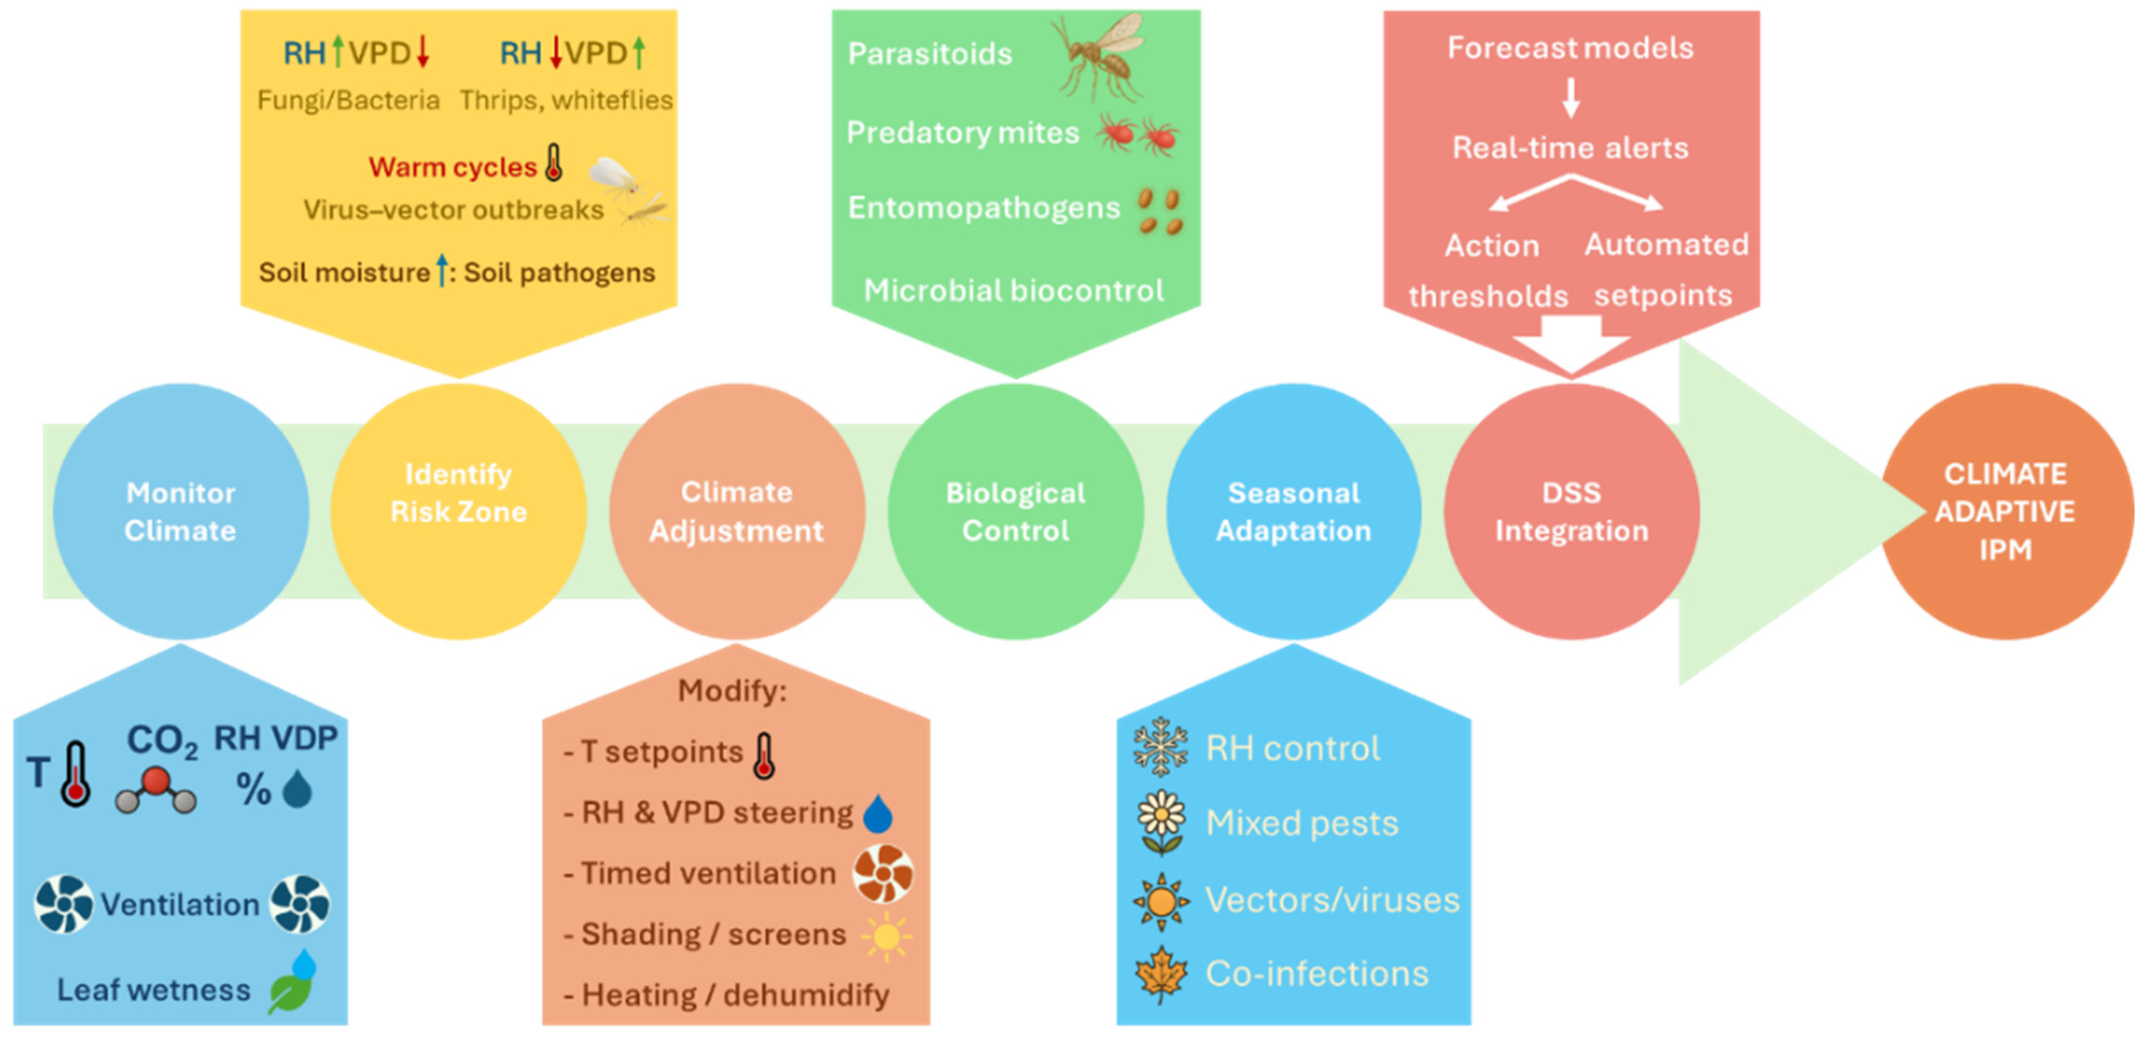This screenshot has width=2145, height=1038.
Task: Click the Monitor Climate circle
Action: click(x=181, y=511)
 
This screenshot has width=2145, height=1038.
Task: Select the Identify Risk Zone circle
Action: click(x=459, y=511)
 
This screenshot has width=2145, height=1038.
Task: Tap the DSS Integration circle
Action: click(x=1571, y=511)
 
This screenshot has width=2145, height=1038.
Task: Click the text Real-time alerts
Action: click(x=1571, y=148)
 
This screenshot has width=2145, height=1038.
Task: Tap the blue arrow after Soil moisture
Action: click(x=442, y=271)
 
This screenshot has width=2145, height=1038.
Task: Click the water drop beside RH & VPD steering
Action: click(x=878, y=814)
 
